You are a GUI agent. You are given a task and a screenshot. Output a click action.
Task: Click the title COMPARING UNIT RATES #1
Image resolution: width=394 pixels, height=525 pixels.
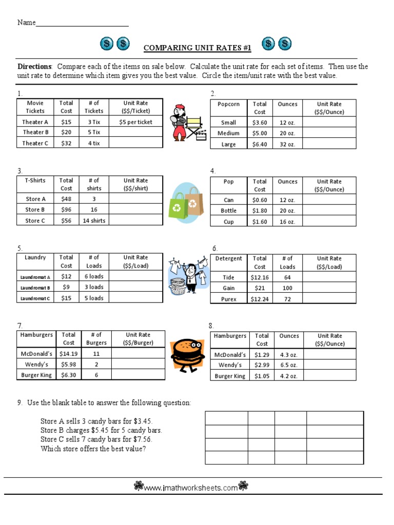click(x=197, y=48)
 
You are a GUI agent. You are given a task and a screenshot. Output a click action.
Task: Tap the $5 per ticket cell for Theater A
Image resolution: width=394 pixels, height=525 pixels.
click(x=136, y=122)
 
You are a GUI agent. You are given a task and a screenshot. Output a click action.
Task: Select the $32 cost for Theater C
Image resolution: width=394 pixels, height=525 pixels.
click(x=66, y=144)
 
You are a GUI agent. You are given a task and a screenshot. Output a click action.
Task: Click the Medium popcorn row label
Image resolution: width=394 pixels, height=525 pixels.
click(x=228, y=133)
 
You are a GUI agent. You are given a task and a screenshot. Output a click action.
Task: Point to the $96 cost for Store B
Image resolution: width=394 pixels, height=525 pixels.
click(x=66, y=210)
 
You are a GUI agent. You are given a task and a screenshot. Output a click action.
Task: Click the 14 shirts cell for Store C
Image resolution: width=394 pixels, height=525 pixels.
click(x=94, y=220)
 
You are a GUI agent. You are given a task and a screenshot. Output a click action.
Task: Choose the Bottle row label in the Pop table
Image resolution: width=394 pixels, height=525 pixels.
click(x=228, y=211)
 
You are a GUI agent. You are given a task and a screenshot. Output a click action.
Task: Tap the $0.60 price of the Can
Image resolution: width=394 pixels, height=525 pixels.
click(x=260, y=200)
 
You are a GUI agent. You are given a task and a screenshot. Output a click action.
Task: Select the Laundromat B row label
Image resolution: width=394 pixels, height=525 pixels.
click(x=35, y=288)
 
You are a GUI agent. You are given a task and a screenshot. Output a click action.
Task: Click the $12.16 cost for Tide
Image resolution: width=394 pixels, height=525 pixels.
click(x=260, y=277)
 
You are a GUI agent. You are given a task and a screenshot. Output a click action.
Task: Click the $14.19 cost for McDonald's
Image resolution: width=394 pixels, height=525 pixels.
click(x=68, y=354)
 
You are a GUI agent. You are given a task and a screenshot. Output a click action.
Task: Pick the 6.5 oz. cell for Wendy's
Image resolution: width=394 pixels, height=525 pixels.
click(x=289, y=365)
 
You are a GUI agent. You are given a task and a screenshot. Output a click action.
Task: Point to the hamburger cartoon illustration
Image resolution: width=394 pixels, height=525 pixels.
click(x=187, y=354)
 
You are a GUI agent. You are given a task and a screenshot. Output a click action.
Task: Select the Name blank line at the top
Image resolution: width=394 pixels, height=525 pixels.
click(x=82, y=23)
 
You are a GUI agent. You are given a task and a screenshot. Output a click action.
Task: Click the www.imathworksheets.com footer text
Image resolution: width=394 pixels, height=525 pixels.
click(x=191, y=488)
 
